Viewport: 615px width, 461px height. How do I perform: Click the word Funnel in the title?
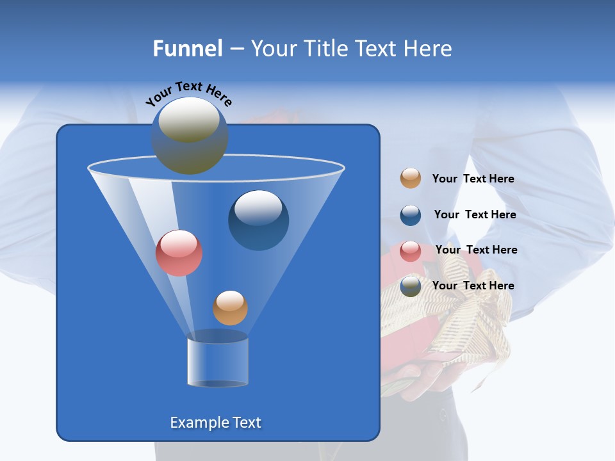[x=187, y=49]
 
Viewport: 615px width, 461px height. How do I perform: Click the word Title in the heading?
[x=325, y=49]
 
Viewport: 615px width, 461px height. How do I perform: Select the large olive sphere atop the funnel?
[x=189, y=136]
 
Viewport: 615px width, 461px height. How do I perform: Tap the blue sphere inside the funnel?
[x=258, y=220]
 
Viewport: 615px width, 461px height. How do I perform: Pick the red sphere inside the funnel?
[x=179, y=253]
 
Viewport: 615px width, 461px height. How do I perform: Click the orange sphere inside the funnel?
[x=230, y=308]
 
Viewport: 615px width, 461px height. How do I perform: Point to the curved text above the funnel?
[x=188, y=93]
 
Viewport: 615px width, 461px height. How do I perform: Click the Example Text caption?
[x=215, y=423]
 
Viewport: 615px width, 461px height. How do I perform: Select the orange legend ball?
[x=411, y=179]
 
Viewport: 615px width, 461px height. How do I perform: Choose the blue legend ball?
[x=411, y=215]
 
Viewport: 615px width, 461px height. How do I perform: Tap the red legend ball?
[x=411, y=251]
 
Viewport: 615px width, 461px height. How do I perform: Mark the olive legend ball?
[x=411, y=286]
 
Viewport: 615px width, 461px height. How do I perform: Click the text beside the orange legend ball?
[x=473, y=179]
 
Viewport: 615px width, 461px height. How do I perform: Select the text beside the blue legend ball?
[x=475, y=214]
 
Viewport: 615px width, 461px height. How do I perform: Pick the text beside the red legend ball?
[x=476, y=250]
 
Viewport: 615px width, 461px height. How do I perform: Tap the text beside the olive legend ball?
[x=473, y=286]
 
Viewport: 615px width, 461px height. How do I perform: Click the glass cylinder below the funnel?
[x=217, y=361]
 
